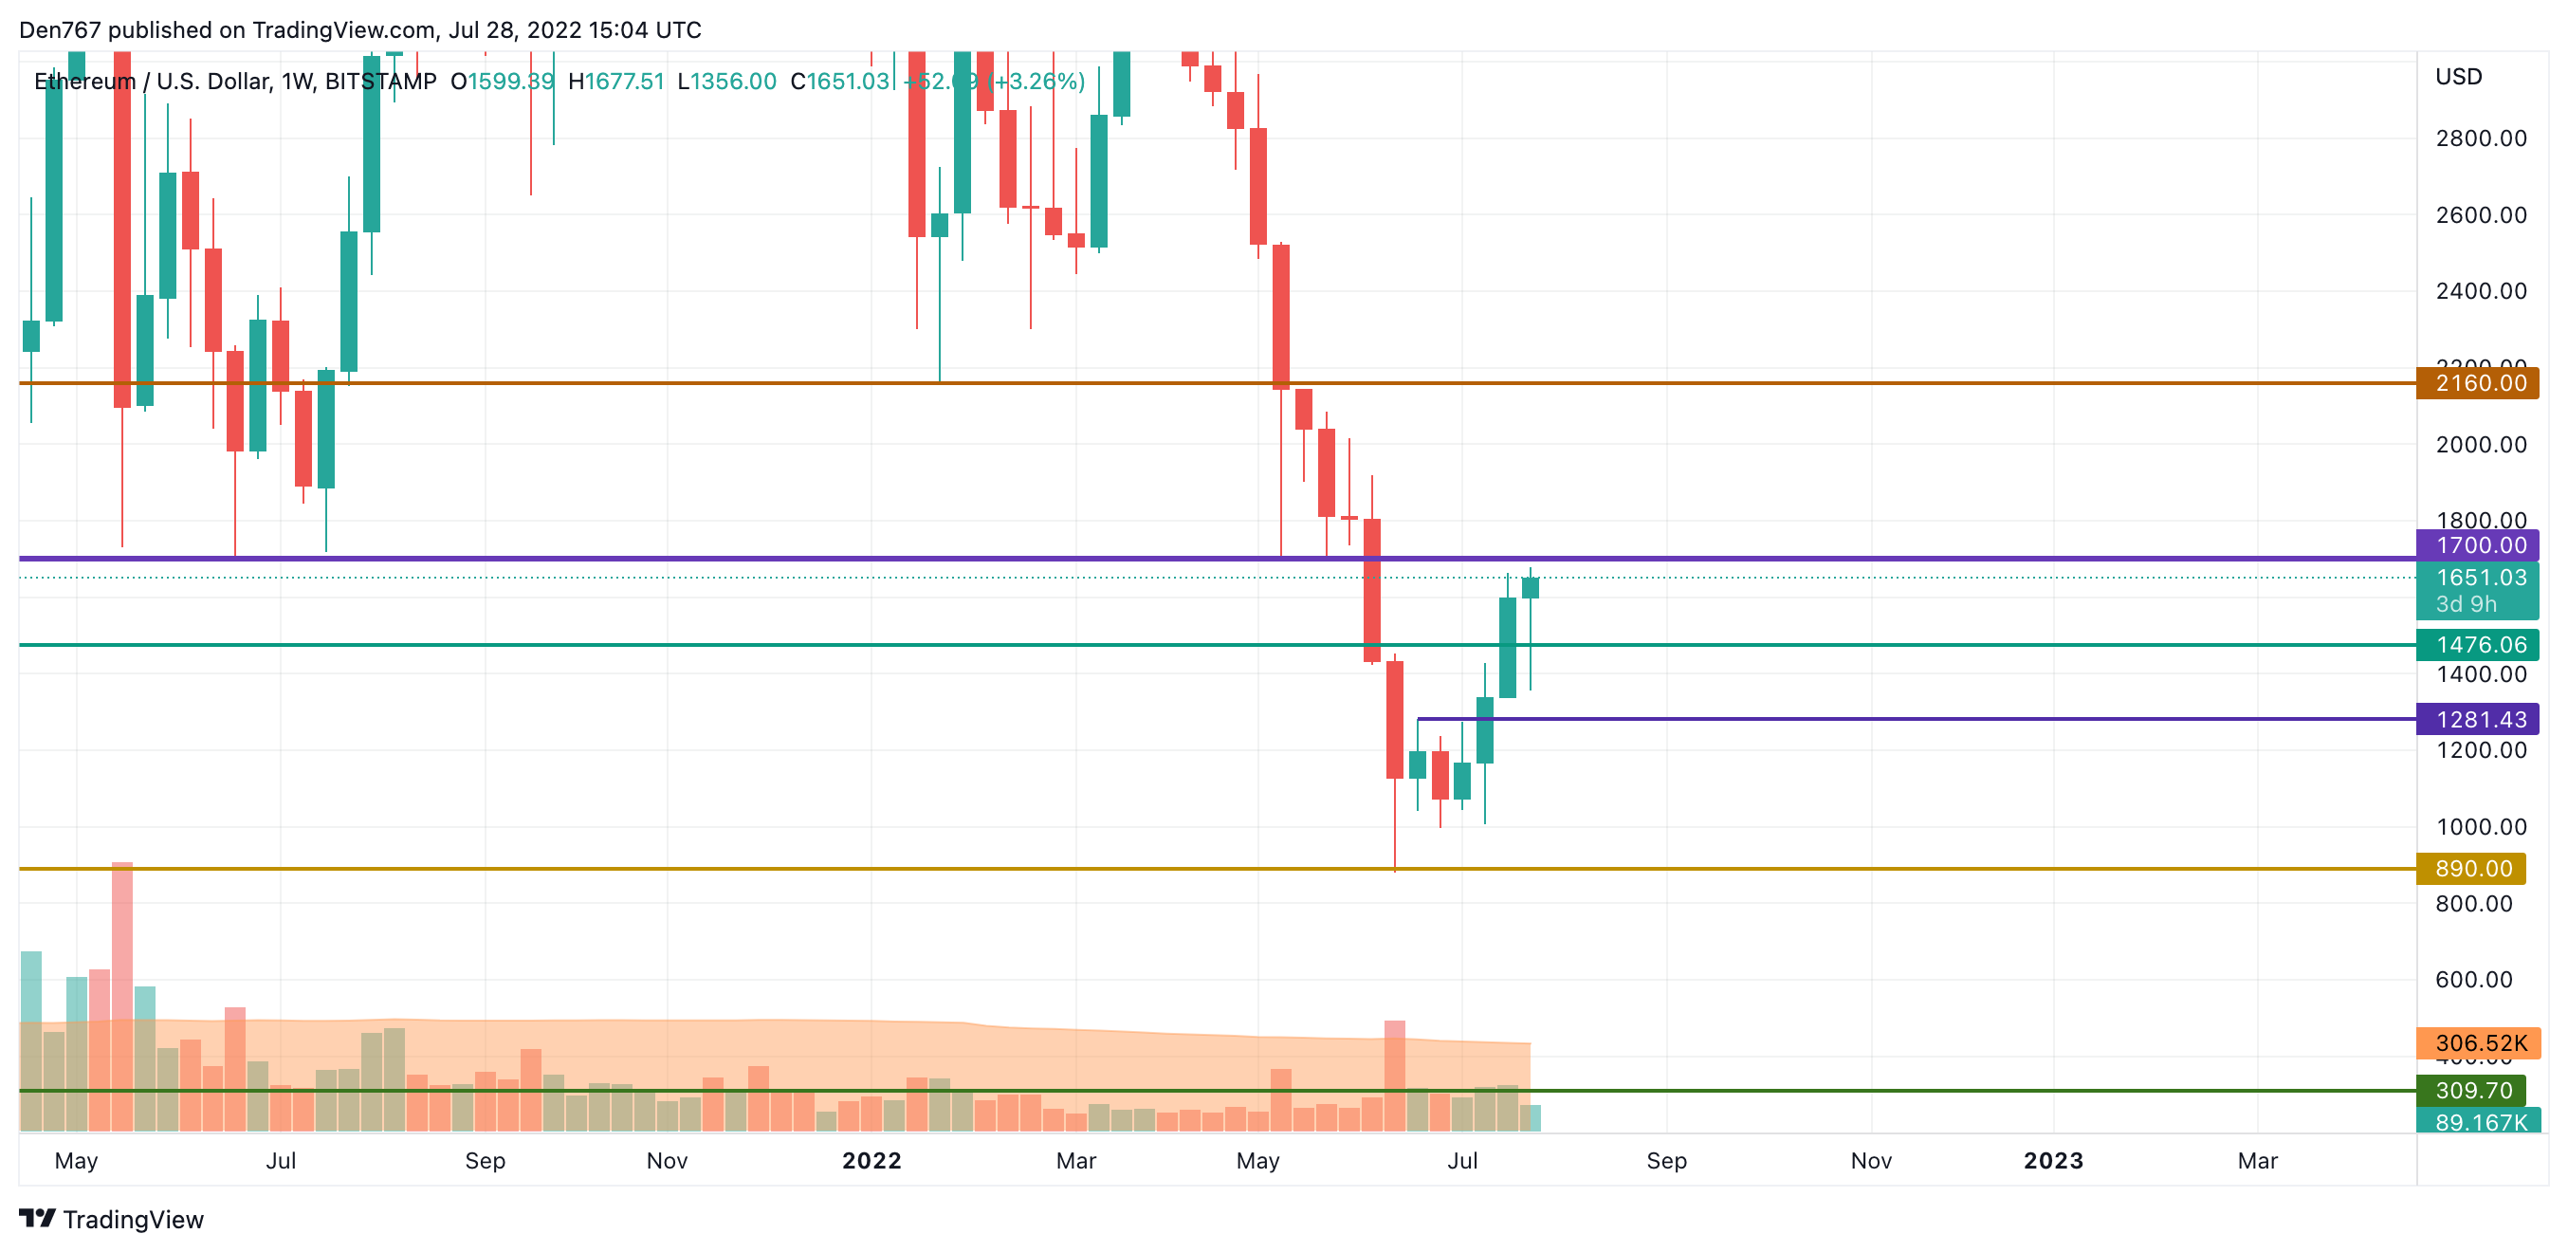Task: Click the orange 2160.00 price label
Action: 2478,383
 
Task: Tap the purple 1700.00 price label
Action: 2478,545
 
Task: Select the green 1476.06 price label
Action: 2478,645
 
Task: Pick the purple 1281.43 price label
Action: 2478,719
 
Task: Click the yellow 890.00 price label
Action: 2471,868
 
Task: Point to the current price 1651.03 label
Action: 2478,579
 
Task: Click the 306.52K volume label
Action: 2478,1042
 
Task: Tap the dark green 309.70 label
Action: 2471,1091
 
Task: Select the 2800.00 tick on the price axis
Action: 2480,138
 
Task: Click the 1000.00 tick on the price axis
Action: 2480,826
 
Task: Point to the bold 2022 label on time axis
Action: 871,1160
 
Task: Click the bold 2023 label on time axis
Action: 2053,1160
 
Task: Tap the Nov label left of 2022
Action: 666,1160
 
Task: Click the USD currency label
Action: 2458,77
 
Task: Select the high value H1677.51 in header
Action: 616,82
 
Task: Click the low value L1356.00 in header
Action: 726,82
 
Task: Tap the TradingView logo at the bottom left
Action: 112,1219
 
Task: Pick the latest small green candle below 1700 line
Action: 1531,588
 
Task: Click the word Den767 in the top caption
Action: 60,30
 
